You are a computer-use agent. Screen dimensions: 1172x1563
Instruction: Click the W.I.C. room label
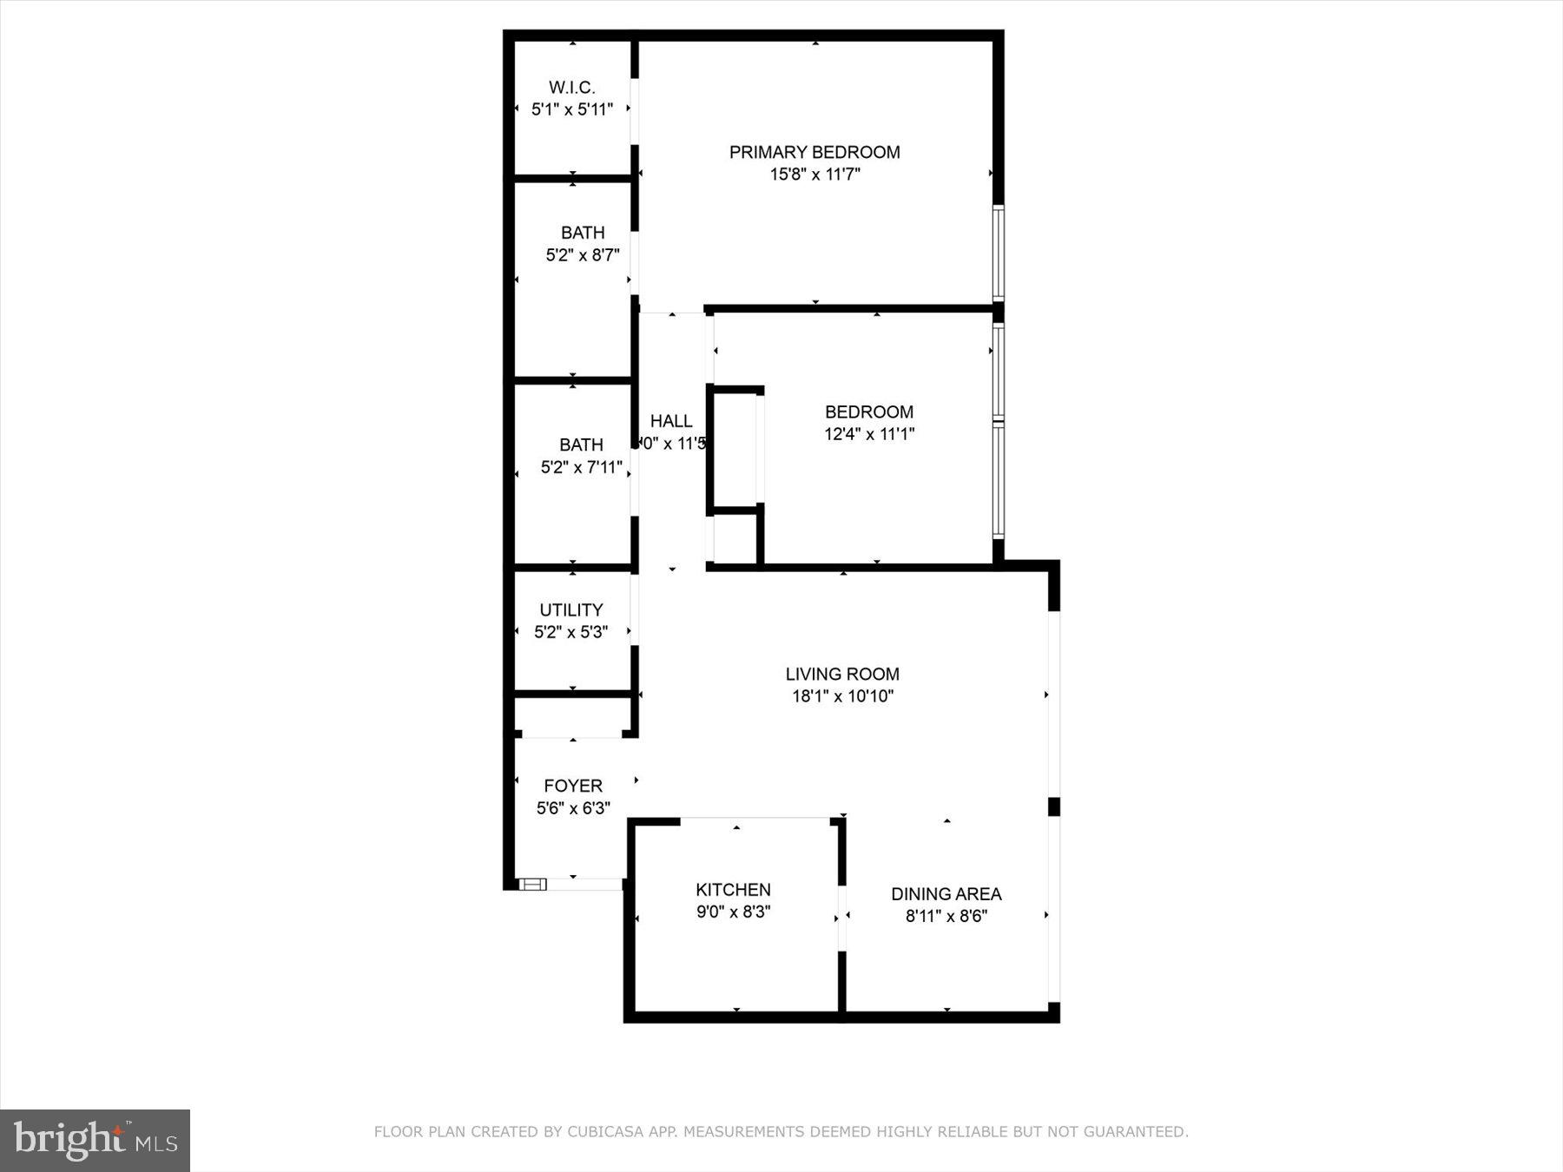tap(571, 88)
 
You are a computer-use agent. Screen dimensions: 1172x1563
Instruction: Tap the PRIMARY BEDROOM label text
tap(814, 153)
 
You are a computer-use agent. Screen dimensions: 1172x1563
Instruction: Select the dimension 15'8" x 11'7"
tap(814, 174)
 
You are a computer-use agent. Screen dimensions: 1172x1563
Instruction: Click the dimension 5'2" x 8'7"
tap(582, 255)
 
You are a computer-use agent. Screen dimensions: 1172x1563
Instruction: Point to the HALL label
tap(671, 421)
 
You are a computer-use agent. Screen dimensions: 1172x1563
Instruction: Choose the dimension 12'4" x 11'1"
tap(868, 434)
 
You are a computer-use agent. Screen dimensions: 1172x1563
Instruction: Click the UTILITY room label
tap(570, 610)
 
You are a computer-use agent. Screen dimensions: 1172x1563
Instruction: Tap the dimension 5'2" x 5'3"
tap(570, 633)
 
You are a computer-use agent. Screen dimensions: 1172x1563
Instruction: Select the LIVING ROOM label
tap(841, 675)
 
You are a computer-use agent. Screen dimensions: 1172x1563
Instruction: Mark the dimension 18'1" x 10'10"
tap(841, 696)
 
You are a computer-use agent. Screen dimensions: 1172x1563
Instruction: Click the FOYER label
tap(572, 787)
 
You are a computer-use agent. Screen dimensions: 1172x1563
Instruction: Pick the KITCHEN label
tap(733, 890)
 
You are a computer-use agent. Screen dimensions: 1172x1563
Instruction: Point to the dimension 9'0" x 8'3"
tap(733, 912)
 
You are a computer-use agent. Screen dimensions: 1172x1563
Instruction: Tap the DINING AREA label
tap(946, 894)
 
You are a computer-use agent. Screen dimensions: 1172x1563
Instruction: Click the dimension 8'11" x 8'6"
tap(946, 917)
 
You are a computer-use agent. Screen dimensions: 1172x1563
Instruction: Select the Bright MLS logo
tap(95, 1140)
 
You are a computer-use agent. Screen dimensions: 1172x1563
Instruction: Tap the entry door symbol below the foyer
tap(533, 885)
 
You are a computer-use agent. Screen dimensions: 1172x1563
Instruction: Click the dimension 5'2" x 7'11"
tap(581, 468)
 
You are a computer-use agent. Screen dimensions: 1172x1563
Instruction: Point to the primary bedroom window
tap(999, 253)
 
